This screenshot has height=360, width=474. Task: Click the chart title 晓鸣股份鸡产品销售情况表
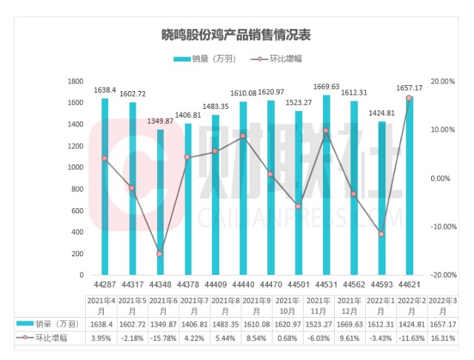tap(236, 35)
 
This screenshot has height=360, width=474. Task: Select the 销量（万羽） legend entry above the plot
tap(206, 59)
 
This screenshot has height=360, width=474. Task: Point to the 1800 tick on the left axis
tap(75, 81)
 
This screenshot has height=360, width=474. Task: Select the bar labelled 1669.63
tap(326, 185)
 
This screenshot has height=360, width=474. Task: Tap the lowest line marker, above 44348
tap(160, 254)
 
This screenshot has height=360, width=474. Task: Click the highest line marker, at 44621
tap(408, 98)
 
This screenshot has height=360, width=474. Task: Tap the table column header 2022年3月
tap(435, 304)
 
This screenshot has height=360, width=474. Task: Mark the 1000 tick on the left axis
tap(75, 167)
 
